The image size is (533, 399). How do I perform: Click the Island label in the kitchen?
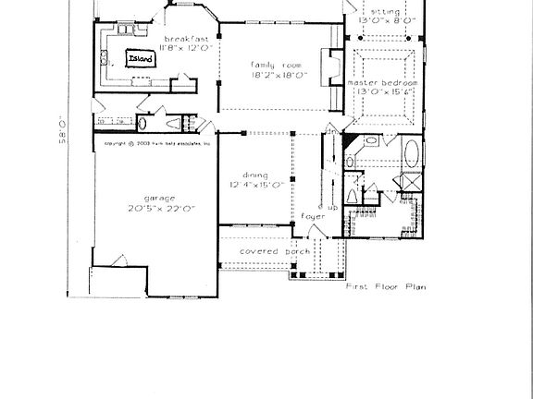coord(141,58)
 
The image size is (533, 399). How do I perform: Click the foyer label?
coord(312,216)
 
